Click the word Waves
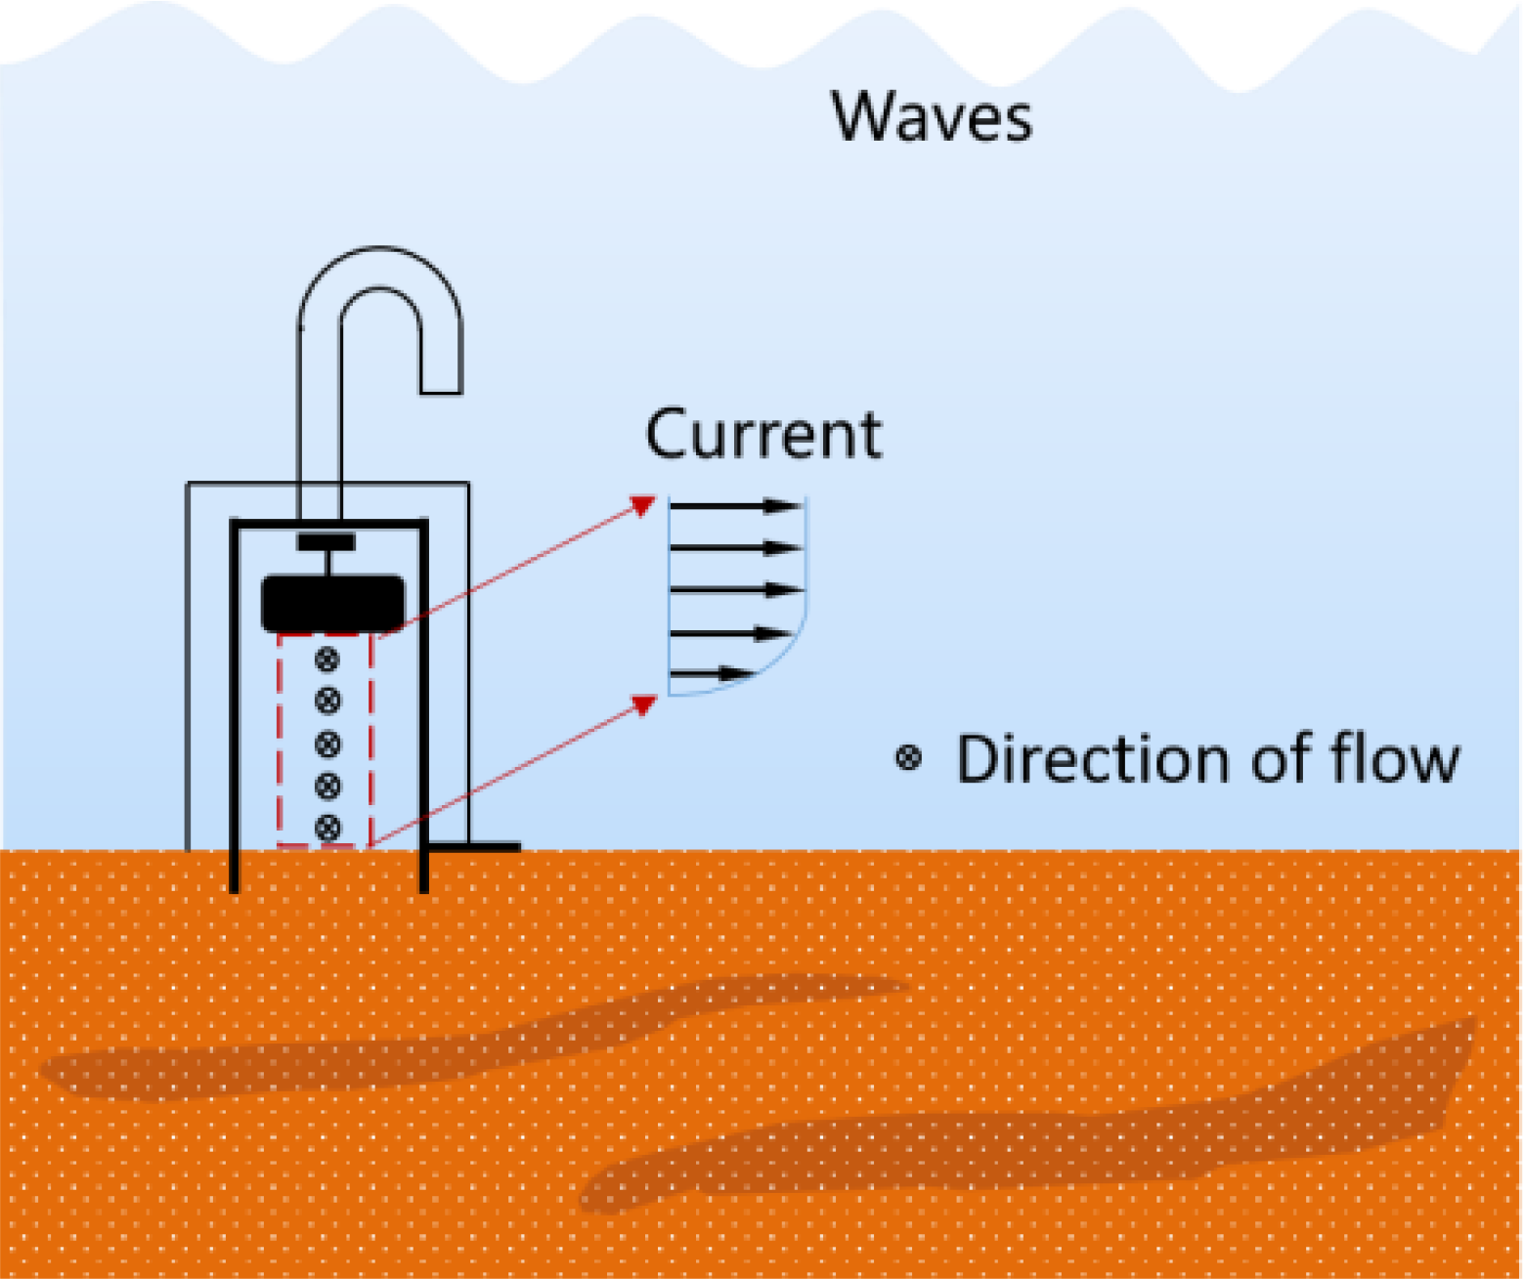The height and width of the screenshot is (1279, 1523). pyautogui.click(x=932, y=118)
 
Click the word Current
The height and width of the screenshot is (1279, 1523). pyautogui.click(x=763, y=435)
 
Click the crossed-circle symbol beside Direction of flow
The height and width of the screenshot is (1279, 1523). pyautogui.click(x=909, y=759)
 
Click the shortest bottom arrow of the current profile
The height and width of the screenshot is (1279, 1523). pyautogui.click(x=713, y=673)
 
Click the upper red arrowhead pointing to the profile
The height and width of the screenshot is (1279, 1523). pyautogui.click(x=642, y=505)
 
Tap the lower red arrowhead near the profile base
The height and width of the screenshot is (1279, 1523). pyautogui.click(x=642, y=704)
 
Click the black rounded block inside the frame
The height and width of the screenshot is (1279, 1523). pyautogui.click(x=332, y=604)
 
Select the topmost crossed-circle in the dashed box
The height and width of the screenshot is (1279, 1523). pyautogui.click(x=327, y=660)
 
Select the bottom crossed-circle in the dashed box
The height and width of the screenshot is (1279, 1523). pyautogui.click(x=327, y=829)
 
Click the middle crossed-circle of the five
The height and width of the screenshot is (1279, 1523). pyautogui.click(x=327, y=745)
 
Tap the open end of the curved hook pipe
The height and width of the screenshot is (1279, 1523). pyautogui.click(x=441, y=391)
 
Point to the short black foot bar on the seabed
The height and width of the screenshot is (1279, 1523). pyautogui.click(x=475, y=847)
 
